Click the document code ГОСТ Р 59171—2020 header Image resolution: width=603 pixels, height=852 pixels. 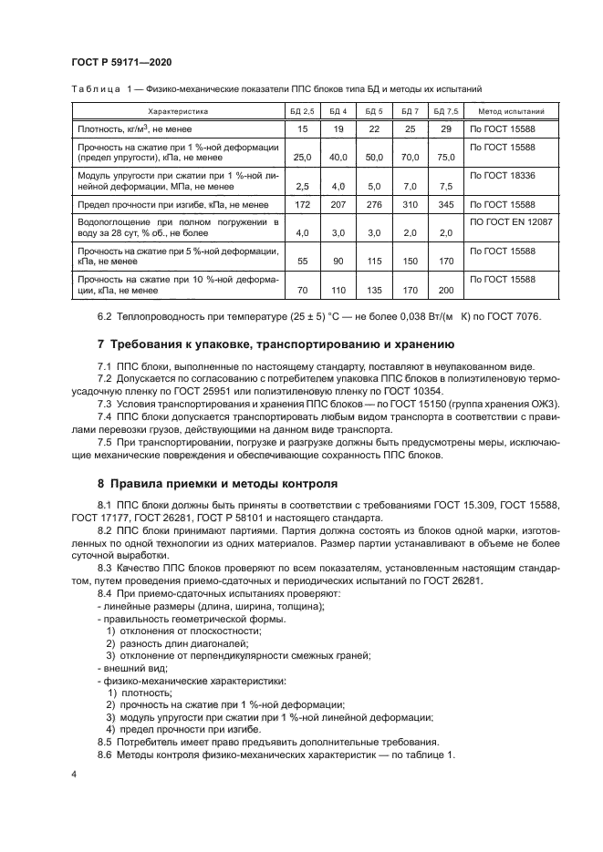[120, 62]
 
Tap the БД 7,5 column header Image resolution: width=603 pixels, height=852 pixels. [446, 111]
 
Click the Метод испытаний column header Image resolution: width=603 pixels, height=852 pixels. [504, 111]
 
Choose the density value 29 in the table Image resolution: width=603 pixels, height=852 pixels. [446, 129]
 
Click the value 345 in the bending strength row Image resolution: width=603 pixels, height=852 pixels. [446, 205]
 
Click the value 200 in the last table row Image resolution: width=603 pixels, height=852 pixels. [446, 291]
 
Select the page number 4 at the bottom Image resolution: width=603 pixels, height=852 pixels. [73, 774]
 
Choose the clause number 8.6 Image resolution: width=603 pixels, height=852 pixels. [105, 755]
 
